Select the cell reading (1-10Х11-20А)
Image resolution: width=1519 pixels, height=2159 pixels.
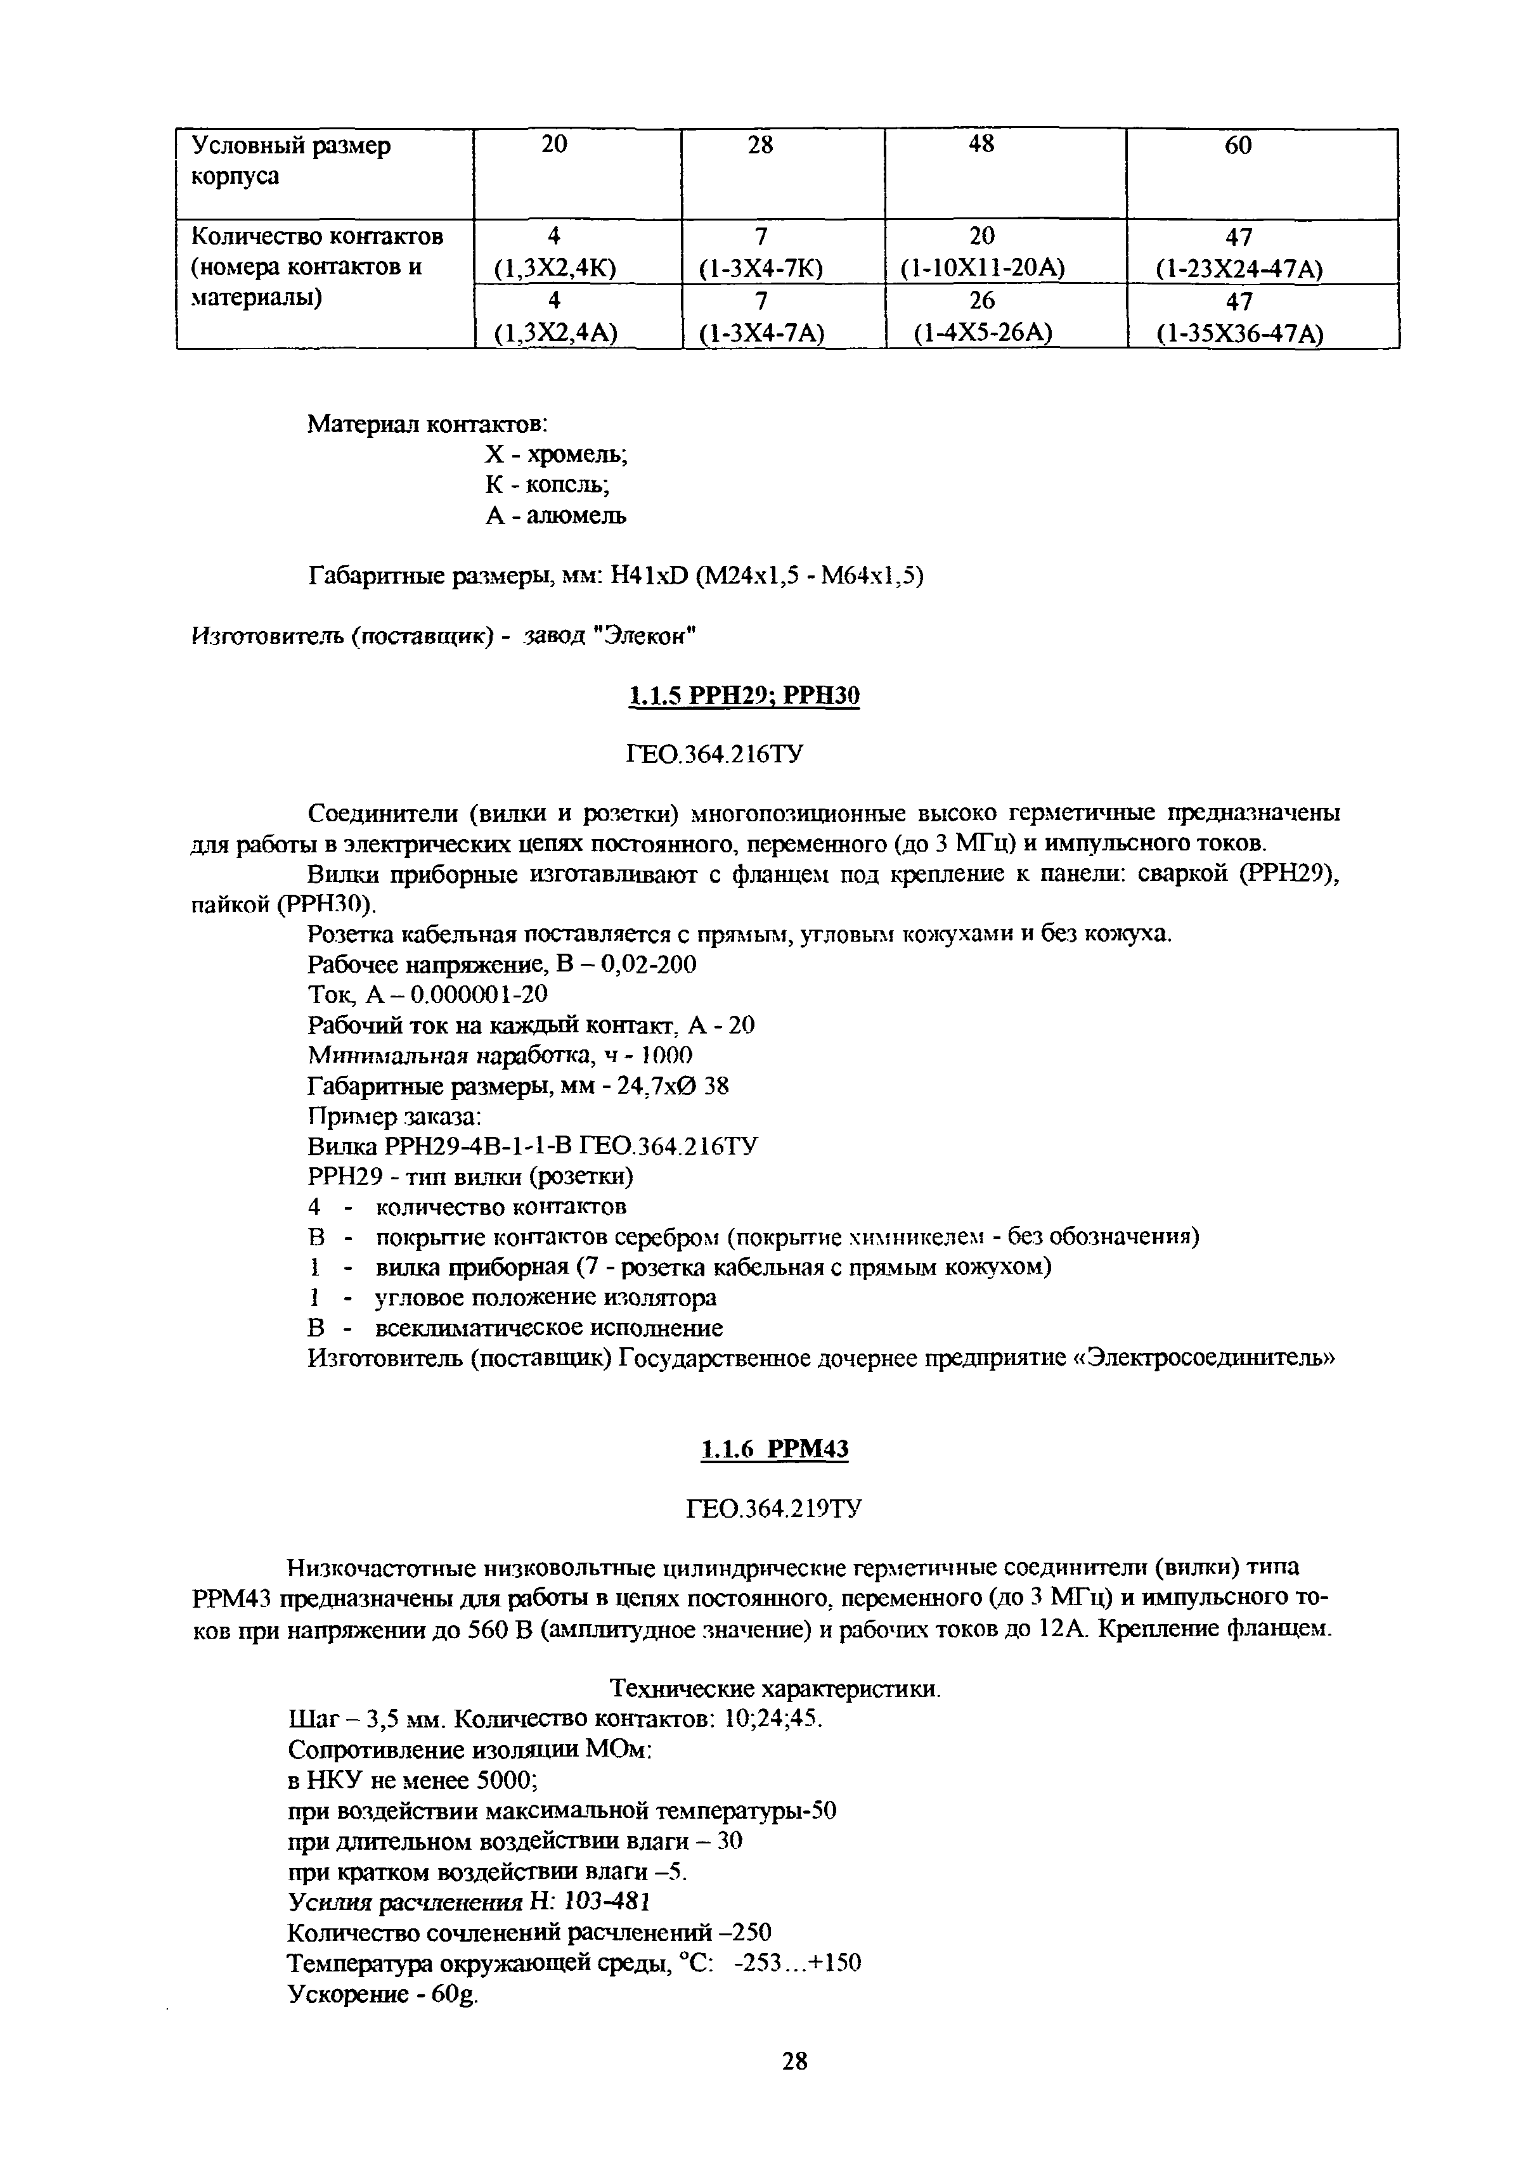point(982,269)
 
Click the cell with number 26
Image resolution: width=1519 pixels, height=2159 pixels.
point(981,302)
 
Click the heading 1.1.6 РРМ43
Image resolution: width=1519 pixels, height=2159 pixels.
point(774,1450)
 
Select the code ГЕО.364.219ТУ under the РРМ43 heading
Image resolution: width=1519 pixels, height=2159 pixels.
point(774,1510)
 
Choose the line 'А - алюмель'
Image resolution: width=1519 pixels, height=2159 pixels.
point(555,515)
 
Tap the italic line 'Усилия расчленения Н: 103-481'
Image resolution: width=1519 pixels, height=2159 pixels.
point(467,1901)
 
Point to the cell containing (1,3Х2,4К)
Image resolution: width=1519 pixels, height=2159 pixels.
point(555,269)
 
